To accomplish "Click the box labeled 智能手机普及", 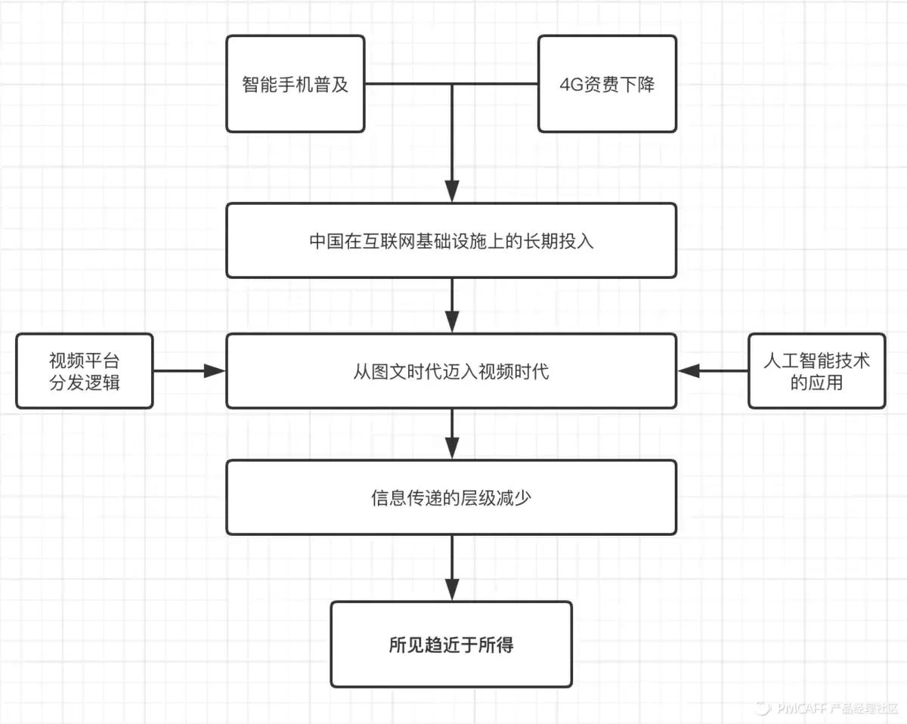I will coord(296,84).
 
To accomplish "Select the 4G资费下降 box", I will coord(607,84).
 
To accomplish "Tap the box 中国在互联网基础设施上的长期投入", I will coord(451,240).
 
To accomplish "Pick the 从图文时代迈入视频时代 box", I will coord(451,371).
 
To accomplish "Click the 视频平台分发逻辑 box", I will coord(84,371).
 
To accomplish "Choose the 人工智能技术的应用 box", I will coord(817,371).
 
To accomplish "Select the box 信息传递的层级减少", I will coord(451,497).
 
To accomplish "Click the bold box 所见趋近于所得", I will coord(451,645).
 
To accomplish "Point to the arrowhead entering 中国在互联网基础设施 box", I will coord(452,193).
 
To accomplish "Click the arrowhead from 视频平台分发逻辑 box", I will coord(215,371).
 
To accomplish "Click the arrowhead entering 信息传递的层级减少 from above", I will coord(452,450).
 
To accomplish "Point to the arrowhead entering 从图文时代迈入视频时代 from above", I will coord(452,323).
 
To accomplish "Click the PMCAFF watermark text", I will coord(801,708).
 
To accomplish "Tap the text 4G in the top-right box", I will coord(568,84).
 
